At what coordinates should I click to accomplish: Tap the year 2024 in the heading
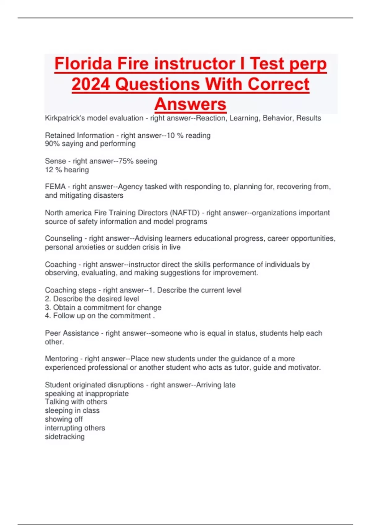point(91,84)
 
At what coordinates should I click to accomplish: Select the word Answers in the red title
point(190,104)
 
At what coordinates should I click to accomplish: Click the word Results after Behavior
point(309,118)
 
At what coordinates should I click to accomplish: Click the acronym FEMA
point(55,187)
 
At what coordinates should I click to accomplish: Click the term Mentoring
point(61,359)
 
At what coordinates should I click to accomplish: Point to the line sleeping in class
point(72,410)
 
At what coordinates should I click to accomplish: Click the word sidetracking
point(65,437)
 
